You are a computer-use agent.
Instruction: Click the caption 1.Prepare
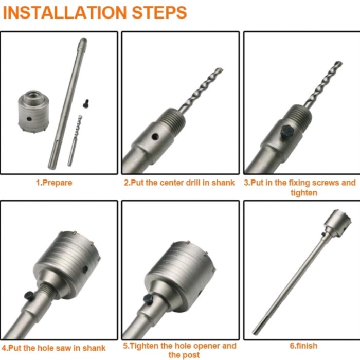click(x=54, y=183)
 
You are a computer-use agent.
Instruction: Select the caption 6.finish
click(x=303, y=346)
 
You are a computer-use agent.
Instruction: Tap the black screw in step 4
click(x=29, y=296)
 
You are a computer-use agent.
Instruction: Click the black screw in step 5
click(x=149, y=299)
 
